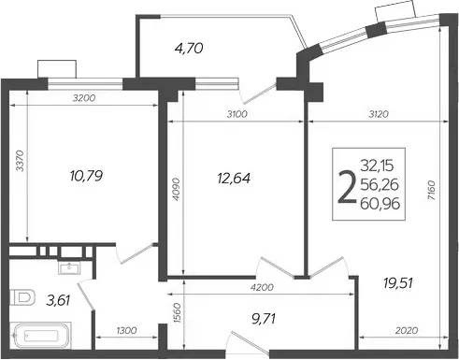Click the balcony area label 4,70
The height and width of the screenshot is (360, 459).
point(189,49)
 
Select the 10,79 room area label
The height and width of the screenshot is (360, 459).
point(86,176)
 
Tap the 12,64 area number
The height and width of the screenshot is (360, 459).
point(234,179)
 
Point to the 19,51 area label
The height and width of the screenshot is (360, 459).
point(398,283)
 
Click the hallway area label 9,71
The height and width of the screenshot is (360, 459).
point(264,319)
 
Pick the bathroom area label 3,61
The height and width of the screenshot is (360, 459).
point(58,301)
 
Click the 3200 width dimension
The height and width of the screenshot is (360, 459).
point(84,98)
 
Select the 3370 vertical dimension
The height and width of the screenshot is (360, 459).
point(20,161)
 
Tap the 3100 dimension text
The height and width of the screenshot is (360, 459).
point(237,114)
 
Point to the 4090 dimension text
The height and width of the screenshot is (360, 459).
point(176,189)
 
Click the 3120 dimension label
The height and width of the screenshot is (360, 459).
point(379,114)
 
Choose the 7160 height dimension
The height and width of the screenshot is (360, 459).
point(431,190)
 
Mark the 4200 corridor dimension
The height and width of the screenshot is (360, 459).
point(262,287)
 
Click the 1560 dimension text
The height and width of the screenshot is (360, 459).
point(178,312)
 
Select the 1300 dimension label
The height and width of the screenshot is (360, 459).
point(126,330)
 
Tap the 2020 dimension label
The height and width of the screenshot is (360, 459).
point(407,330)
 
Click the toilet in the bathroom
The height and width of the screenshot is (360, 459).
point(22,297)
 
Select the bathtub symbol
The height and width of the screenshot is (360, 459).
point(40,336)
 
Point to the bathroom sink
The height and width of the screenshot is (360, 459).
point(69,267)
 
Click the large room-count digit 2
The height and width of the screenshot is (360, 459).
point(347,187)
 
